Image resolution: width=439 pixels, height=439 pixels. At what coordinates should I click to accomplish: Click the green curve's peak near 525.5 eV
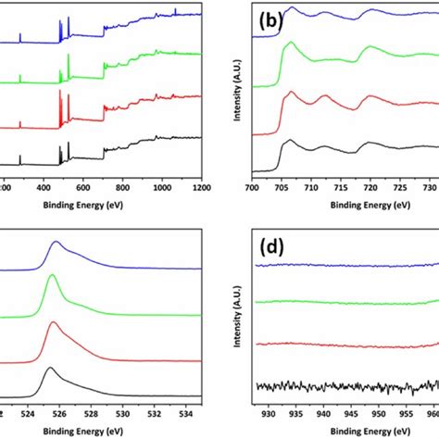[x=52, y=276]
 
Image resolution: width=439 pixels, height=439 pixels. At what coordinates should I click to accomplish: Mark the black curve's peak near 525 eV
[x=49, y=369]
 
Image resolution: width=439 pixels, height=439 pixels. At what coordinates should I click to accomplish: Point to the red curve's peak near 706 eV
[x=291, y=93]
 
